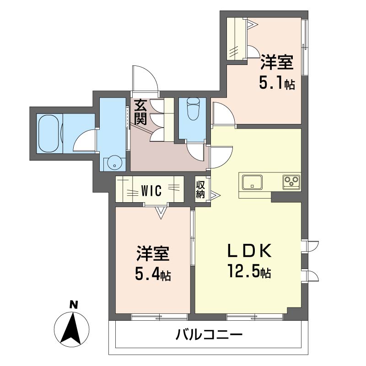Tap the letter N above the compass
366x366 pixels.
pos(72,304)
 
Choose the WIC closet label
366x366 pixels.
pos(151,190)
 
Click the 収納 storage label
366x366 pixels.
pos(200,188)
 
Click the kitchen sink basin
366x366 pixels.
pos(251,182)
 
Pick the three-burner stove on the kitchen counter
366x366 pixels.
pos(291,181)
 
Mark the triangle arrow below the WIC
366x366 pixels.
pos(161,212)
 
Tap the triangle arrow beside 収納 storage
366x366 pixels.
pos(215,196)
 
